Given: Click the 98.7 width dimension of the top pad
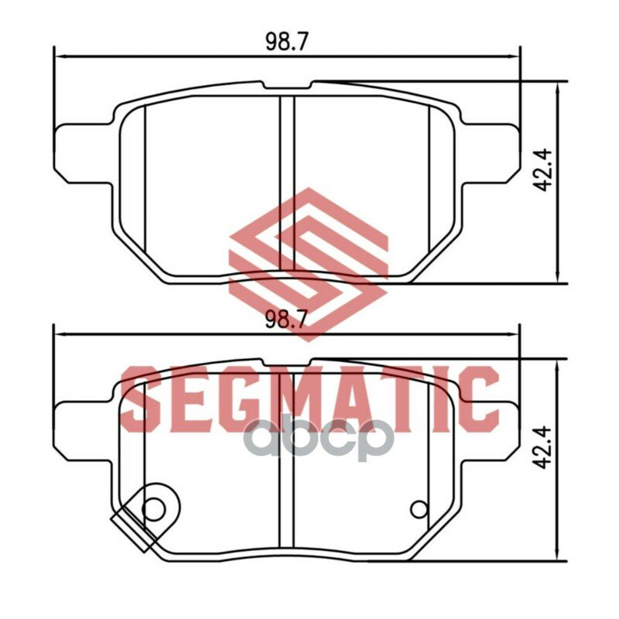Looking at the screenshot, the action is [286, 41].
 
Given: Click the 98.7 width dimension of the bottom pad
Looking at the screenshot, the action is [286, 320].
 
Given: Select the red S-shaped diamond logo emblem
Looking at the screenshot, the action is [309, 265].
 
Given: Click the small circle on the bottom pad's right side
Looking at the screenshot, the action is [419, 509].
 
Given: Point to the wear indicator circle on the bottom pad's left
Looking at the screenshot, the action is [153, 509].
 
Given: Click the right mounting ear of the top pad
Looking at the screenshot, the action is [490, 153].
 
